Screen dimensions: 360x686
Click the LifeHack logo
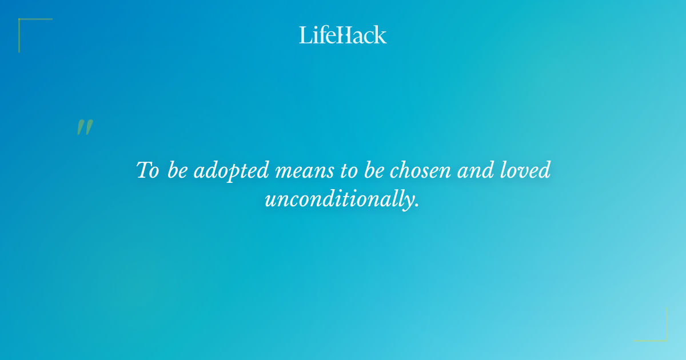tap(343, 35)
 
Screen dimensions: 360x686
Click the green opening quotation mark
tap(85, 127)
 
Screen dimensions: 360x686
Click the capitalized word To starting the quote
tap(147, 171)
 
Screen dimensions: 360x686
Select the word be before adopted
tap(178, 171)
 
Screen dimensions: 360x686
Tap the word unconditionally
tap(338, 200)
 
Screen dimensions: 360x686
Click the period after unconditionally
tap(417, 205)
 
